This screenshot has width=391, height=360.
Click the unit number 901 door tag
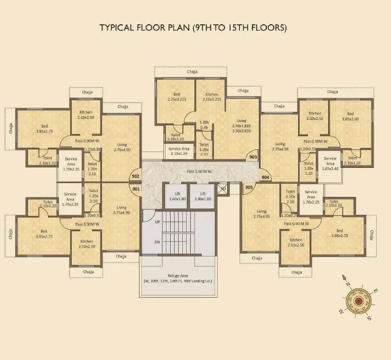point(136,188)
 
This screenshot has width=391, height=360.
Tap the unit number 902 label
point(136,176)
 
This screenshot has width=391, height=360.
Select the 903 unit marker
point(253,157)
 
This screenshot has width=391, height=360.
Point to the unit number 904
point(265,177)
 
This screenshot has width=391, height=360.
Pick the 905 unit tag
point(249,187)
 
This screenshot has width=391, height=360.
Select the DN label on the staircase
point(157,241)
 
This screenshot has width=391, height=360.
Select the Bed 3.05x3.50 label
point(350,116)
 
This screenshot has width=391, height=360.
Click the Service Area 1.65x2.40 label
point(330,162)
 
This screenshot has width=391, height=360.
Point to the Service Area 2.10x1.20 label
point(179,151)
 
